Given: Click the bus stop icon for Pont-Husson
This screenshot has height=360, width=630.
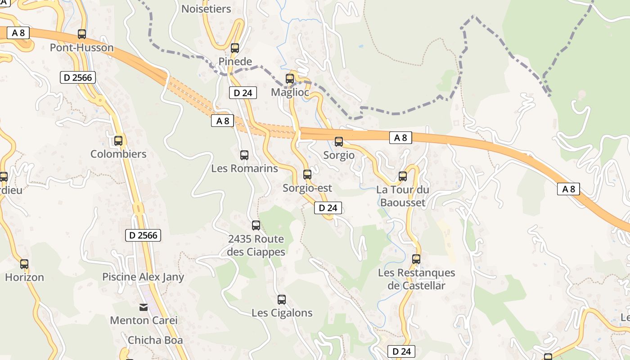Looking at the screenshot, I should pyautogui.click(x=82, y=34).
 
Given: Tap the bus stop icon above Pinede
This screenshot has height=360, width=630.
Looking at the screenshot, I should pyautogui.click(x=235, y=48).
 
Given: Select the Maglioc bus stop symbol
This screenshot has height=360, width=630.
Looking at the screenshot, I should pyautogui.click(x=290, y=79).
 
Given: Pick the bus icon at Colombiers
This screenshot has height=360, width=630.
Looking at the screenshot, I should pyautogui.click(x=118, y=141).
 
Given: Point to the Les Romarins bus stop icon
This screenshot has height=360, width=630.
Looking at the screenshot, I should pyautogui.click(x=244, y=155).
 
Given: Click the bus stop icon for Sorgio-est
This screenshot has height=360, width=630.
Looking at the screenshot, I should pyautogui.click(x=307, y=175).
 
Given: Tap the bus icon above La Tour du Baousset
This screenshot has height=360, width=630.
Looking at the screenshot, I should pyautogui.click(x=403, y=176).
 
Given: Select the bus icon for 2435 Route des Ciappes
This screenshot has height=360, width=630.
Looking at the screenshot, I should pyautogui.click(x=256, y=225).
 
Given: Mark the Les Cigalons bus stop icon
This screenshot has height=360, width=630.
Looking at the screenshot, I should pyautogui.click(x=282, y=299).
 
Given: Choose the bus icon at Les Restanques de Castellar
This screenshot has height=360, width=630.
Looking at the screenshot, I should pyautogui.click(x=416, y=259).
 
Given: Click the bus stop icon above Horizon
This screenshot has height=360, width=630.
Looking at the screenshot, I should pyautogui.click(x=24, y=264).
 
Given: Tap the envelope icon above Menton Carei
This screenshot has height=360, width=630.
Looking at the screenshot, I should pyautogui.click(x=144, y=307).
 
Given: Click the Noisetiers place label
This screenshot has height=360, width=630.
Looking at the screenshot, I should pyautogui.click(x=206, y=9).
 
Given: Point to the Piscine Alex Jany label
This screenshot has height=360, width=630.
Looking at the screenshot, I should pyautogui.click(x=143, y=277).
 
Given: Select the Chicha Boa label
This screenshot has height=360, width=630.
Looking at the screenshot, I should pyautogui.click(x=155, y=340).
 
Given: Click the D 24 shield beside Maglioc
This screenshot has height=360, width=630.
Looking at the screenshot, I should pyautogui.click(x=243, y=93).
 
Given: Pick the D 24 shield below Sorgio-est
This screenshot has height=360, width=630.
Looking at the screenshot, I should pyautogui.click(x=328, y=208).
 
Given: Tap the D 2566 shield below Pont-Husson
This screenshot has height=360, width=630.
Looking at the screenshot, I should pyautogui.click(x=77, y=78).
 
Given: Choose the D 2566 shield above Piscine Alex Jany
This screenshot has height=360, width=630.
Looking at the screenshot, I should pyautogui.click(x=143, y=235).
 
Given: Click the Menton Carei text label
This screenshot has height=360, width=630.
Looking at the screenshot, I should pyautogui.click(x=144, y=320).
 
